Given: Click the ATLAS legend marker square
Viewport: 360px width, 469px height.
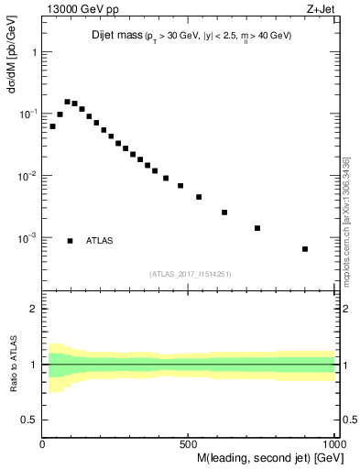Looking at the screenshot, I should pyautogui.click(x=71, y=241).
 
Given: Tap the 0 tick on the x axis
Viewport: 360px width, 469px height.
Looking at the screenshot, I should pyautogui.click(x=43, y=444).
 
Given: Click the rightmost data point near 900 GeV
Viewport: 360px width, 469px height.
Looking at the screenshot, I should pyautogui.click(x=305, y=249).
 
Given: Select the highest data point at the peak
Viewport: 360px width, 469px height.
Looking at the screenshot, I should pyautogui.click(x=67, y=102).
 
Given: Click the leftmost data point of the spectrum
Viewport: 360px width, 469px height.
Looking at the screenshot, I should pyautogui.click(x=52, y=126).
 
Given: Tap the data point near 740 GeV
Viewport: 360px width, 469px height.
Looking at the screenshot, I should pyautogui.click(x=257, y=228).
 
